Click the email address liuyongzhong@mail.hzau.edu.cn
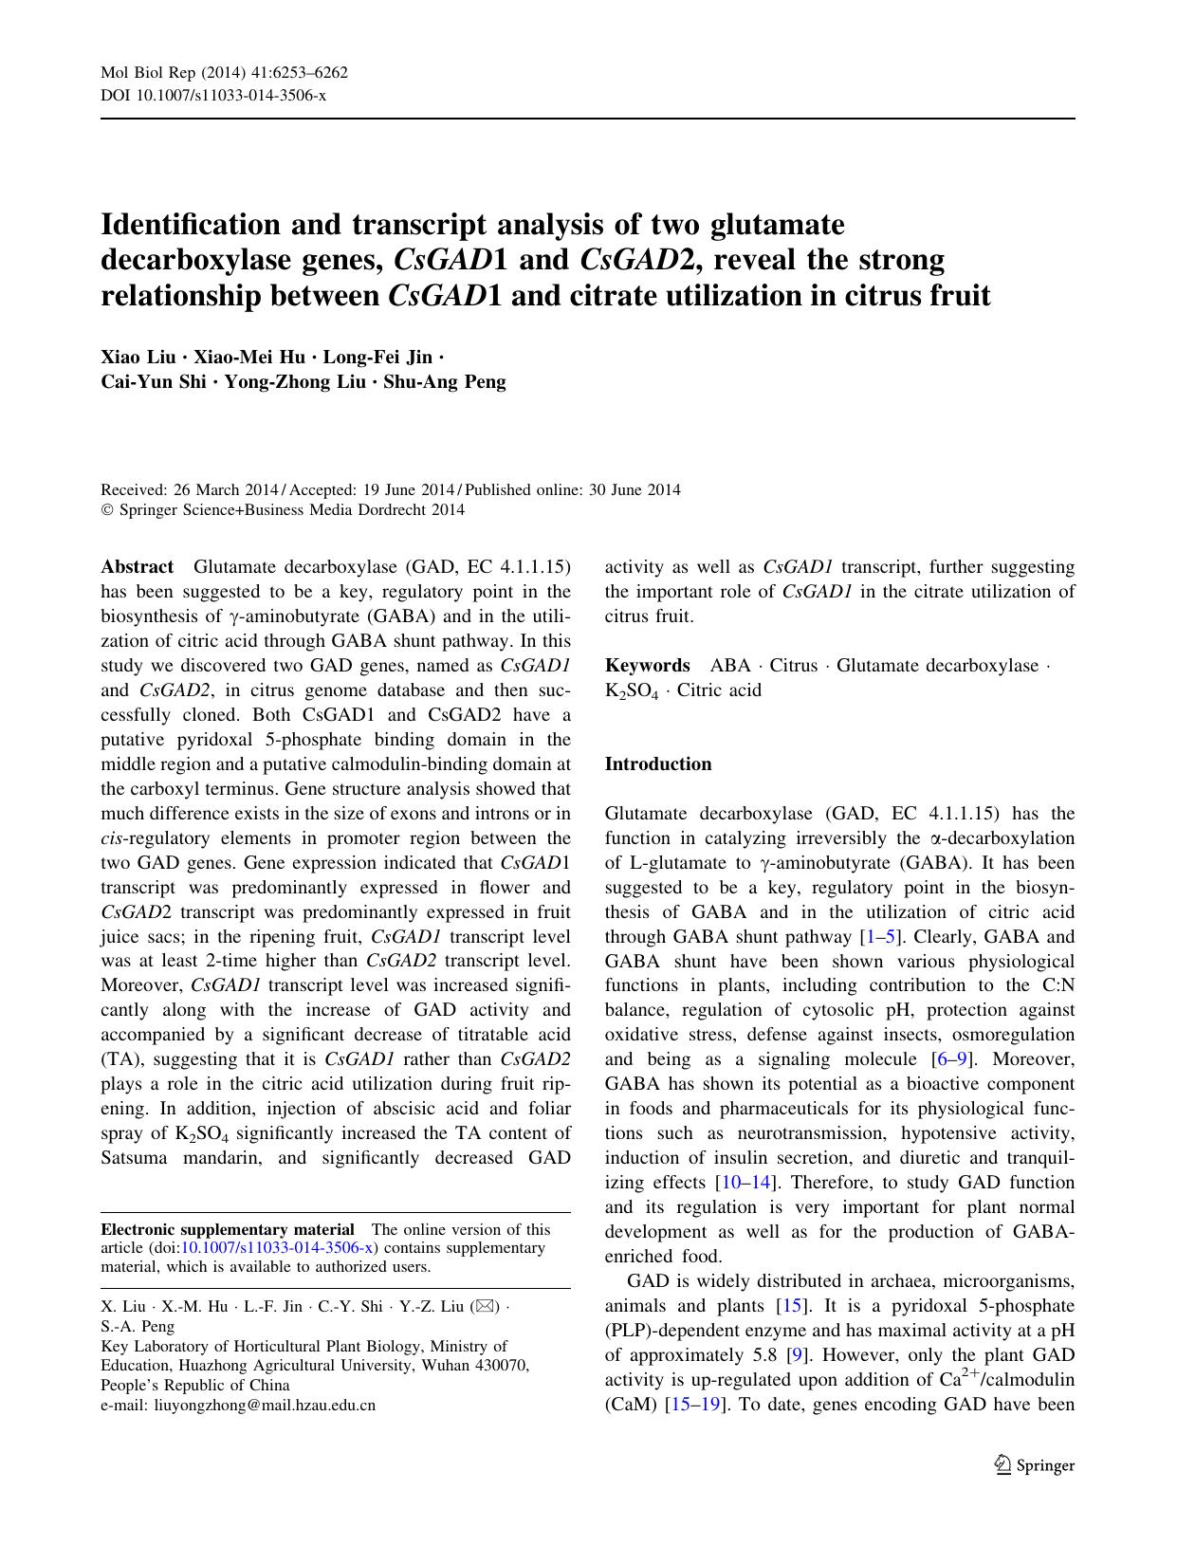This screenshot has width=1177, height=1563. pyautogui.click(x=265, y=1405)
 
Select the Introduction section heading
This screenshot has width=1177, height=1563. pyautogui.click(x=657, y=764)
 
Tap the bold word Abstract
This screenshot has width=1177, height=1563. pyautogui.click(x=137, y=567)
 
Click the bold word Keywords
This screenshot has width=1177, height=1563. pyautogui.click(x=647, y=666)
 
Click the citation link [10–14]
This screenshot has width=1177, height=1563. pyautogui.click(x=746, y=1183)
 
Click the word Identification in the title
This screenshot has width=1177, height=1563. pyautogui.click(x=191, y=225)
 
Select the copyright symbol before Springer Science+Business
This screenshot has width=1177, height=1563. pyautogui.click(x=106, y=510)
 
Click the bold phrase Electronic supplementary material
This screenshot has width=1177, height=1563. pyautogui.click(x=228, y=1229)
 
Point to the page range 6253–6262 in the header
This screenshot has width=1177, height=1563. pyautogui.click(x=303, y=73)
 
